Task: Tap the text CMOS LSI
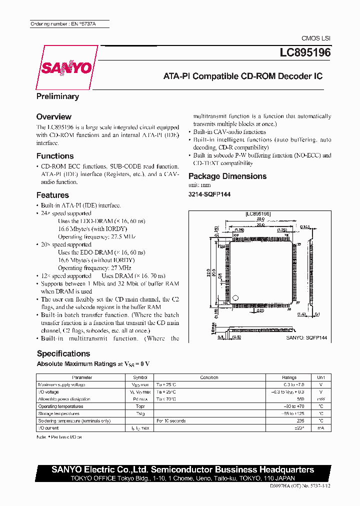pos(316,38)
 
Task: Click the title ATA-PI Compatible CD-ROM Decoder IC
pos(243,76)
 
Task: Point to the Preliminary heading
pos(57,96)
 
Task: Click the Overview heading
pos(54,116)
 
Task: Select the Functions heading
pos(55,156)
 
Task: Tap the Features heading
pos(52,195)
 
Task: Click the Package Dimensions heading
pos(227,176)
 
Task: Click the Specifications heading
pos(63,353)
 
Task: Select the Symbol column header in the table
pos(140,377)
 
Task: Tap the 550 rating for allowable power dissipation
pos(300,399)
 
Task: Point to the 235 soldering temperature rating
pos(300,421)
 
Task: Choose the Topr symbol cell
pos(140,406)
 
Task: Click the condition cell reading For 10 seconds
pos(171,421)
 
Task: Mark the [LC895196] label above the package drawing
pos(258,213)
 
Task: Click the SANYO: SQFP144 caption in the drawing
pos(306,338)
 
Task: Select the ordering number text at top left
pos(62,24)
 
